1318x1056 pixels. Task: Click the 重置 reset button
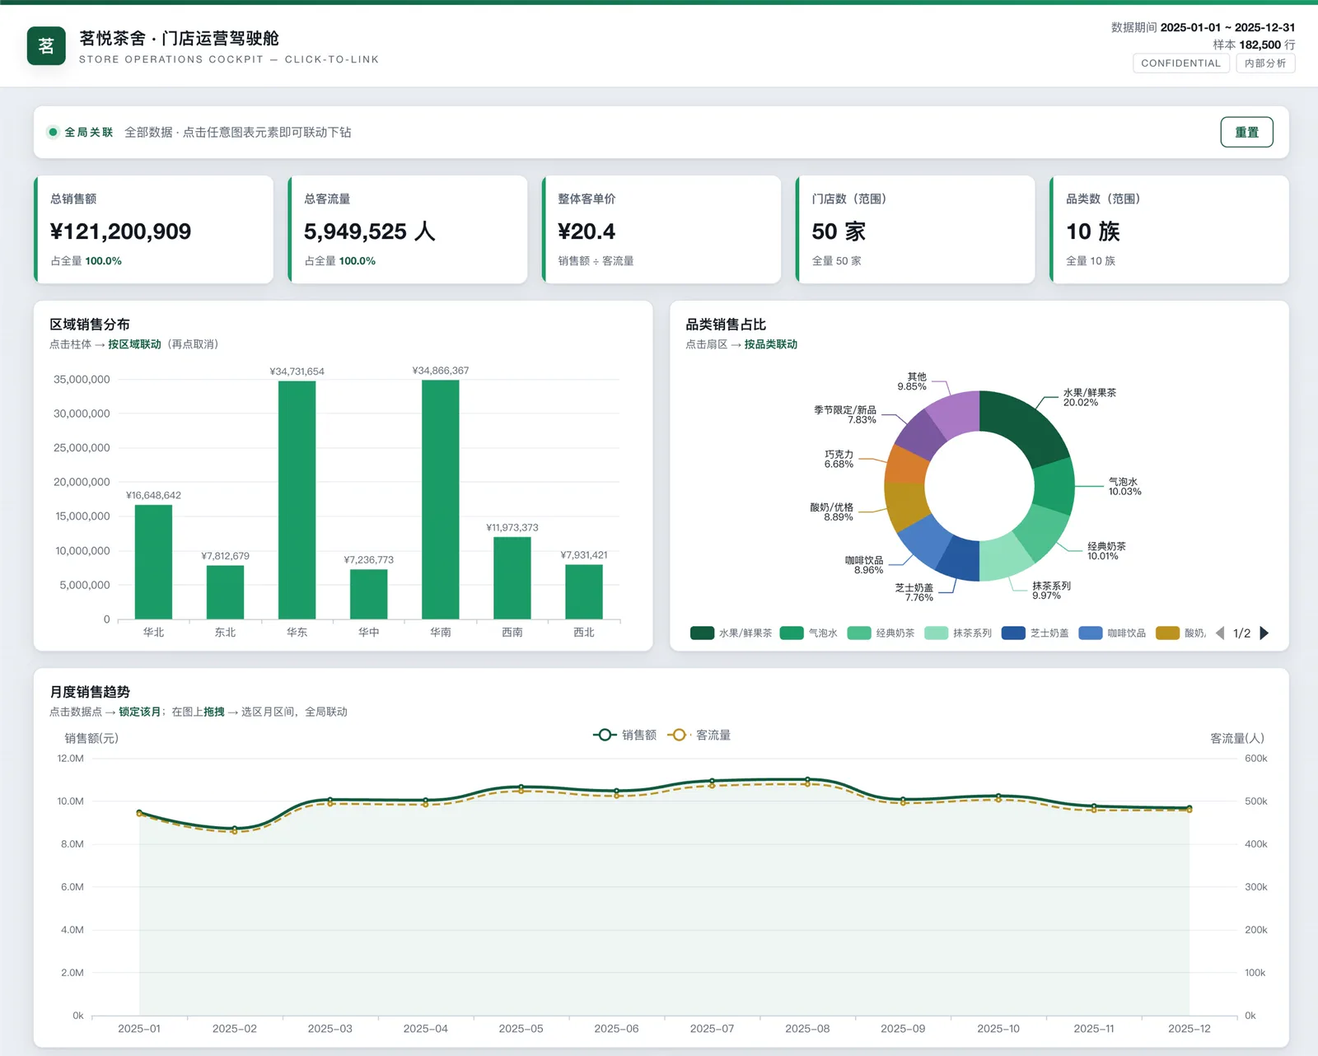pos(1246,132)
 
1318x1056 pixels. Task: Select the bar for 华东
pos(297,500)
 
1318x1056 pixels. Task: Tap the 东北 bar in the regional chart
pos(226,592)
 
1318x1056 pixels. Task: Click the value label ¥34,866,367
pos(441,371)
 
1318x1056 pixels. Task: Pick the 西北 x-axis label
pos(584,632)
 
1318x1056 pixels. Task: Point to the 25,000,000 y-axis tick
pos(82,448)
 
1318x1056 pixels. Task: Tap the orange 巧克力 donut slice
pos(906,465)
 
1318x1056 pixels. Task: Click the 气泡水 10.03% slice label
pos(1124,486)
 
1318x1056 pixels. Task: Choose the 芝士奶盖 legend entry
pos(1035,633)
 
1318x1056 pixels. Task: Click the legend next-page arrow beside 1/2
pos(1264,633)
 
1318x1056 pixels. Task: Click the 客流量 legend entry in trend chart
pos(699,735)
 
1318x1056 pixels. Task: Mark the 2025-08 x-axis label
pos(807,1029)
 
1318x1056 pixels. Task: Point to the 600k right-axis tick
pos(1255,759)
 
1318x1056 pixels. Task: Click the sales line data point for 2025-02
pos(235,829)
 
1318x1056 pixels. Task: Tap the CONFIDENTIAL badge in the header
pos(1180,63)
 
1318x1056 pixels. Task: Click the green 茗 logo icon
pos(46,46)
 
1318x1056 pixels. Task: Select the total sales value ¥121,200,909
pos(120,231)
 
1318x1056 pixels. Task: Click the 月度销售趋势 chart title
pos(90,692)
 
